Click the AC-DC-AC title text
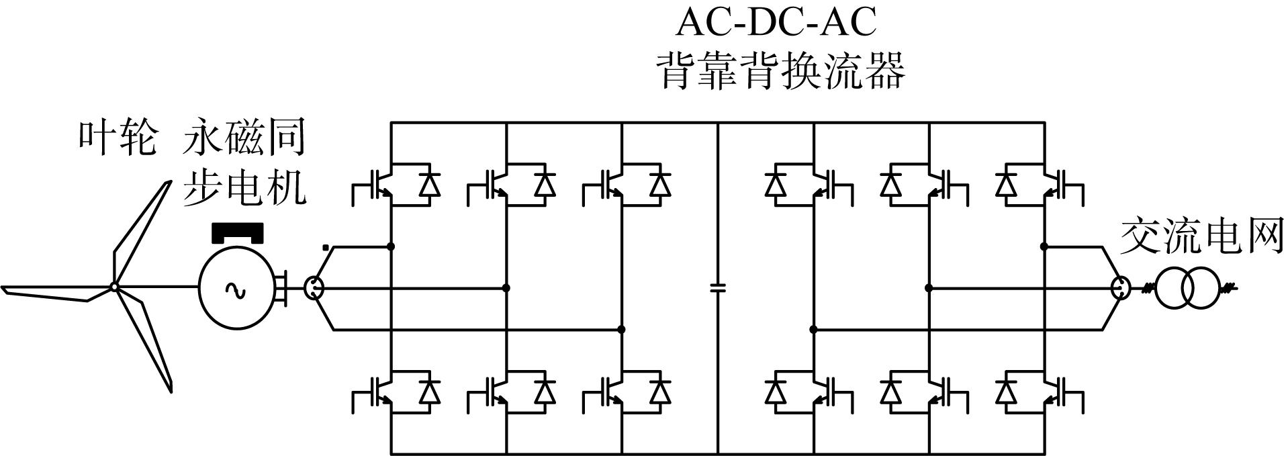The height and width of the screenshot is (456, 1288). pyautogui.click(x=776, y=22)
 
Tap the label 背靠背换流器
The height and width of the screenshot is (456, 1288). pyautogui.click(x=780, y=70)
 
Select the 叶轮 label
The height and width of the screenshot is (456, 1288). pyautogui.click(x=117, y=138)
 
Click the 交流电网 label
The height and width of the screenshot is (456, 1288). pyautogui.click(x=1201, y=236)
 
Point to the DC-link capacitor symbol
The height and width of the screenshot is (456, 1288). pyautogui.click(x=718, y=288)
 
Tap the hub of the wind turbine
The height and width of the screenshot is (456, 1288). pyautogui.click(x=114, y=287)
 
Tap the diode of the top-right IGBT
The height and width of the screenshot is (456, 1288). pyautogui.click(x=1006, y=184)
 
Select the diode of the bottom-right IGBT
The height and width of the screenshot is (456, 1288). pyautogui.click(x=1006, y=391)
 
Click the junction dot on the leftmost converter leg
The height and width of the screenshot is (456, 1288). pyautogui.click(x=392, y=246)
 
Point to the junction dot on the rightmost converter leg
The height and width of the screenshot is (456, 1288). pyautogui.click(x=1044, y=246)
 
